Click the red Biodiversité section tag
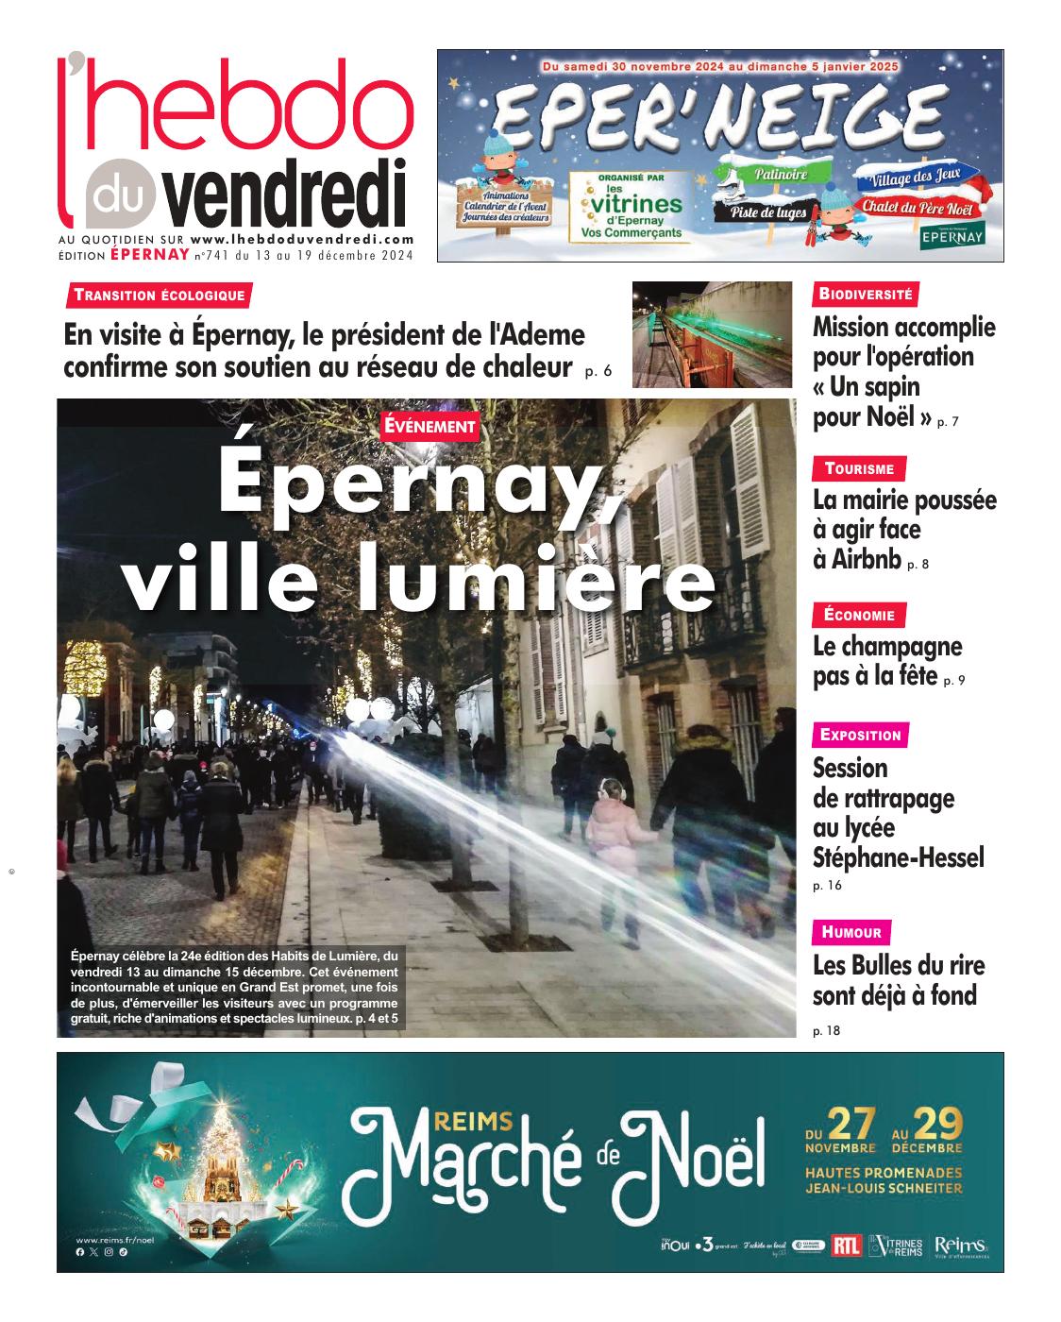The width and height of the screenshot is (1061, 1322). click(866, 294)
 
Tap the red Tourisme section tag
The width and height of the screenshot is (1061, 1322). click(859, 468)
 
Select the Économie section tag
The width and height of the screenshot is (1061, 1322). click(859, 616)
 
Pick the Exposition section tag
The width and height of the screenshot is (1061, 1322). click(861, 735)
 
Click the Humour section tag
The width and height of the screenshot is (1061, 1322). click(851, 933)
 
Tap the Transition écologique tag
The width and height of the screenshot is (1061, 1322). click(160, 295)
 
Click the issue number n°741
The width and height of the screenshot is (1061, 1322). click(212, 255)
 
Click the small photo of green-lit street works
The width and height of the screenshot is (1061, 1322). click(712, 334)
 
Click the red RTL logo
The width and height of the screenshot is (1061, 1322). click(847, 1246)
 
